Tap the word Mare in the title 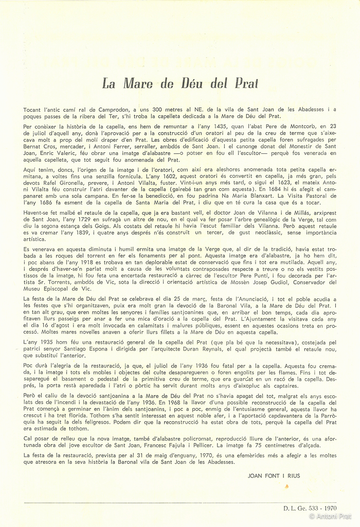138,83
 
